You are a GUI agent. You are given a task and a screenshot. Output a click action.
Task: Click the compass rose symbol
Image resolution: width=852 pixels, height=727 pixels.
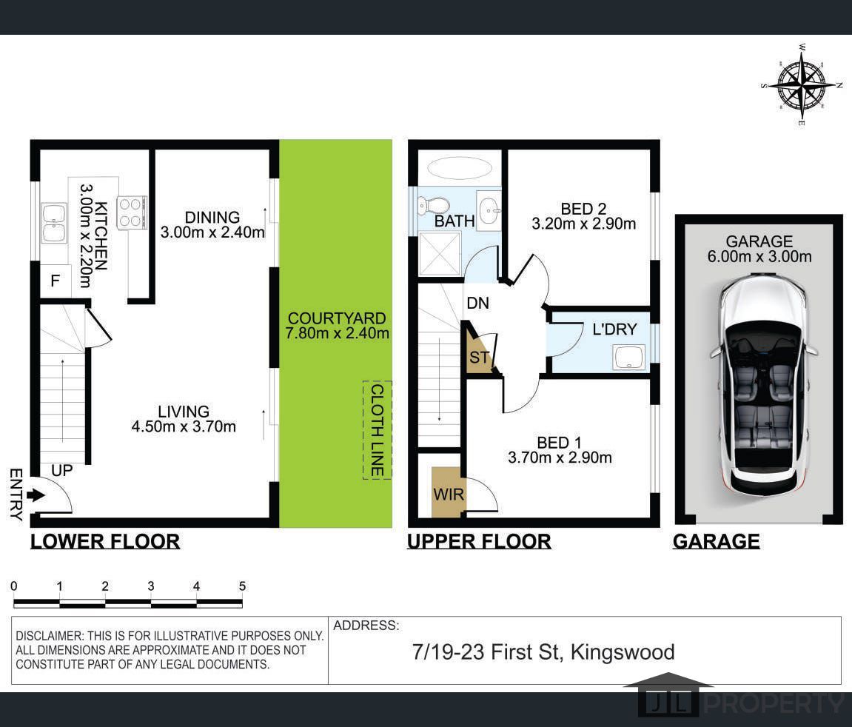pyautogui.click(x=802, y=84)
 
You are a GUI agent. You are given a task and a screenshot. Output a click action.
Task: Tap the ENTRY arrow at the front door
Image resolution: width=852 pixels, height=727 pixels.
pyautogui.click(x=36, y=495)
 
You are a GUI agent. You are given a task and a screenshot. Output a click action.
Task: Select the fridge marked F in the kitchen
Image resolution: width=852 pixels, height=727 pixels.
pyautogui.click(x=56, y=281)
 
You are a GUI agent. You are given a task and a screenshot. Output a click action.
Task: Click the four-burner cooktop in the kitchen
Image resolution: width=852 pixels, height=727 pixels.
pyautogui.click(x=131, y=212)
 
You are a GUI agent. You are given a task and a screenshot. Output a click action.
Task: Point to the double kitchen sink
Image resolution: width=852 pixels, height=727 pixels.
pyautogui.click(x=54, y=223)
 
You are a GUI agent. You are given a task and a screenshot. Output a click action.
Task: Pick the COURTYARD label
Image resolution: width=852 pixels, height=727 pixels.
pyautogui.click(x=337, y=318)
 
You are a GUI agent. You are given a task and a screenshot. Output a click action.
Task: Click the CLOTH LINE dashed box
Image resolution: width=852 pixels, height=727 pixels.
pyautogui.click(x=377, y=430)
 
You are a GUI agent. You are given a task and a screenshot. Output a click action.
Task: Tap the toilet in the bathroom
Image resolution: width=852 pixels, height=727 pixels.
pyautogui.click(x=433, y=205)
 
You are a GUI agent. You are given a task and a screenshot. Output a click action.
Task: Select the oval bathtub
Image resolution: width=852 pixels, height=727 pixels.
pyautogui.click(x=460, y=168)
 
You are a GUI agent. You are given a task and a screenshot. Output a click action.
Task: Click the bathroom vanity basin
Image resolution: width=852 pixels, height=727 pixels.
pyautogui.click(x=489, y=211)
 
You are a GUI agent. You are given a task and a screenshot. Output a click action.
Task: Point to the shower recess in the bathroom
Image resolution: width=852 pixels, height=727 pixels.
pyautogui.click(x=440, y=254)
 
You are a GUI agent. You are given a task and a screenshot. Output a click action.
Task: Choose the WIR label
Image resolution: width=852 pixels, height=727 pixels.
pyautogui.click(x=449, y=495)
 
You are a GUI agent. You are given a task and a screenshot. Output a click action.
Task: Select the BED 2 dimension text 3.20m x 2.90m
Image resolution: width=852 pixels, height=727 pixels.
pyautogui.click(x=583, y=224)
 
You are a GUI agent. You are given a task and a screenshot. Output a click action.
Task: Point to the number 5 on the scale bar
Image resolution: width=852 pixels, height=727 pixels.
pyautogui.click(x=242, y=586)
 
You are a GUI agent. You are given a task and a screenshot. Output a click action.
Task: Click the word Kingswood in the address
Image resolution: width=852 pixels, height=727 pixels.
pyautogui.click(x=623, y=652)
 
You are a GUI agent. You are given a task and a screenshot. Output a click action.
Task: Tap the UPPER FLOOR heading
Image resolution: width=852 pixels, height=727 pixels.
pyautogui.click(x=479, y=541)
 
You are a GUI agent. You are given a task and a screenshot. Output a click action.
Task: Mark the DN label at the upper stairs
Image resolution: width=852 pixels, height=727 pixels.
pyautogui.click(x=477, y=303)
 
